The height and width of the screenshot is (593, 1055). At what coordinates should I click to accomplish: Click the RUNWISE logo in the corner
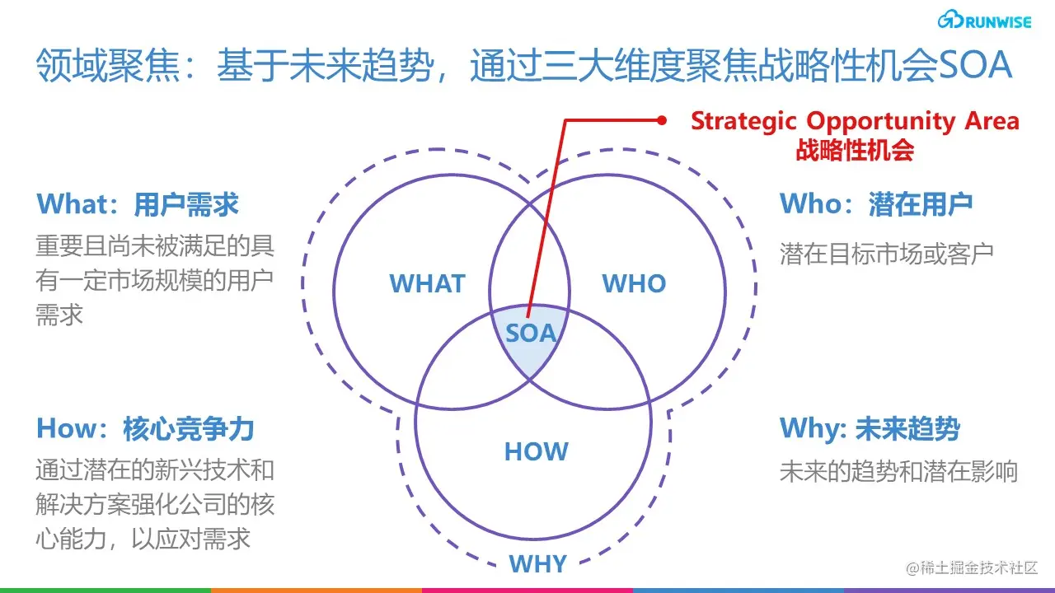[x=984, y=21]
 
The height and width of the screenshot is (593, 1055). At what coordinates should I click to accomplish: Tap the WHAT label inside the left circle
[x=427, y=284]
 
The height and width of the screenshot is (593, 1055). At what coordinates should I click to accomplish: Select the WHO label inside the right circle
[x=634, y=284]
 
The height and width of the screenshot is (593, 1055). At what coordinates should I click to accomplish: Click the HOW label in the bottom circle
[x=536, y=451]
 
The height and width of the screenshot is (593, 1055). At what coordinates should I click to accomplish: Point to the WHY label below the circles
[x=537, y=564]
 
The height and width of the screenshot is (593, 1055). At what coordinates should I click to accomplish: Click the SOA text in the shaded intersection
[x=531, y=334]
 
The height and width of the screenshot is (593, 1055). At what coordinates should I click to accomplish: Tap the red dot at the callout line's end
[x=661, y=120]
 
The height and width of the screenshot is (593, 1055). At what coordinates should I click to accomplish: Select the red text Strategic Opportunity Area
[x=855, y=121]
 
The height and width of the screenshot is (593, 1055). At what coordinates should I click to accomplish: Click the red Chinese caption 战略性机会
[x=855, y=150]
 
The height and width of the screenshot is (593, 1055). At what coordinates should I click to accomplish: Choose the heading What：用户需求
[x=138, y=204]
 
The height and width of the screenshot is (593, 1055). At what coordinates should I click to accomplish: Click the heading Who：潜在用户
[x=876, y=204]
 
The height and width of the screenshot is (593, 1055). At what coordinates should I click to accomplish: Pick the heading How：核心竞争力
[x=145, y=428]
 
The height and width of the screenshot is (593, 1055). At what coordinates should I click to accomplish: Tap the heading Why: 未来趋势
[x=870, y=428]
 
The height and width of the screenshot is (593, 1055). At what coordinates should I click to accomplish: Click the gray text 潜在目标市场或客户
[x=886, y=253]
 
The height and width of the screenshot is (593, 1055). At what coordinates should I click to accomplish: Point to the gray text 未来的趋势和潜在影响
[x=898, y=471]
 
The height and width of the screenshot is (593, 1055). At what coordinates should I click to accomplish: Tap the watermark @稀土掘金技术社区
[x=972, y=567]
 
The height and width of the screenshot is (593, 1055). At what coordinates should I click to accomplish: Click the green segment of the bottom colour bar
[x=105, y=590]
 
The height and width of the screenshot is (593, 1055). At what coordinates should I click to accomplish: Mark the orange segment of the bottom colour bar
[x=316, y=590]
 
